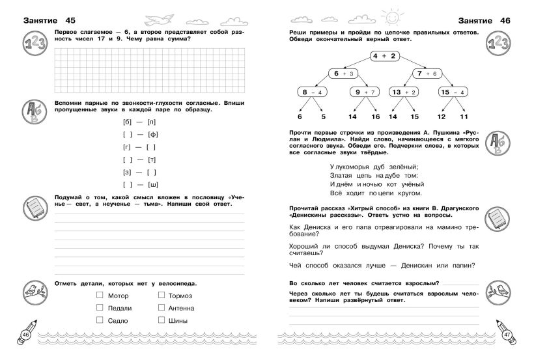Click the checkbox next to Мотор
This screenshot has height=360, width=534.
tap(100, 296)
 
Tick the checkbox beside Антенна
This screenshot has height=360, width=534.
tap(162, 308)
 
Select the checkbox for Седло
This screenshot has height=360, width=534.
tap(100, 320)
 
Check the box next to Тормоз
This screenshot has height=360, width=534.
tap(162, 296)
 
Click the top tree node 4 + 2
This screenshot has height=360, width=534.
tap(384, 57)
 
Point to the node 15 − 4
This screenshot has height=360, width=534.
tap(453, 92)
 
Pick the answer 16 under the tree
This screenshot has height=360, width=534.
tap(375, 117)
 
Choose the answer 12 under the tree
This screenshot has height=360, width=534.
tap(441, 117)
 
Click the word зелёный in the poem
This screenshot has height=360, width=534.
tap(402, 166)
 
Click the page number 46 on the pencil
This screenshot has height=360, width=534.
tap(27, 335)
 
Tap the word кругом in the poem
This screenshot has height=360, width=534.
tap(408, 193)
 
